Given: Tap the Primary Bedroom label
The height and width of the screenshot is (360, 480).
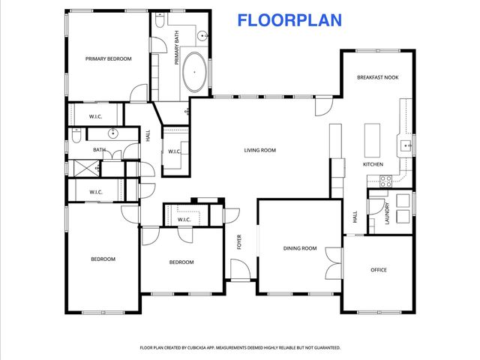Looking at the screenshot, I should pyautogui.click(x=108, y=58).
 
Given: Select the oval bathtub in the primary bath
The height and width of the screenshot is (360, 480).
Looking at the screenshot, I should pyautogui.click(x=196, y=72).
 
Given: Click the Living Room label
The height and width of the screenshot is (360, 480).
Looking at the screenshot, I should pyautogui.click(x=259, y=151).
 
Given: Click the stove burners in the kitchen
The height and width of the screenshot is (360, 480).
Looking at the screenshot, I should pyautogui.click(x=386, y=181).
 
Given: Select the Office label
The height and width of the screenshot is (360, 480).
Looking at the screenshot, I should pyautogui.click(x=379, y=270).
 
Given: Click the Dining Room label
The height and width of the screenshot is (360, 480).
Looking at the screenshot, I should pyautogui.click(x=299, y=248).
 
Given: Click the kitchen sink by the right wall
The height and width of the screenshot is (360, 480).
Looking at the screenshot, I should pyautogui.click(x=405, y=144).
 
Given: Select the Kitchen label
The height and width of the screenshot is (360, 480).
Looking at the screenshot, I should pyautogui.click(x=373, y=164).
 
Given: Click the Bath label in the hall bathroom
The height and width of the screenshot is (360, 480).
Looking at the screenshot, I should pyautogui.click(x=99, y=150).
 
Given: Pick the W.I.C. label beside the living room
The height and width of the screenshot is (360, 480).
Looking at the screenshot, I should pyautogui.click(x=175, y=152).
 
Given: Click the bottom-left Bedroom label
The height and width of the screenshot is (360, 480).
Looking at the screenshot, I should pyautogui.click(x=103, y=259).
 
